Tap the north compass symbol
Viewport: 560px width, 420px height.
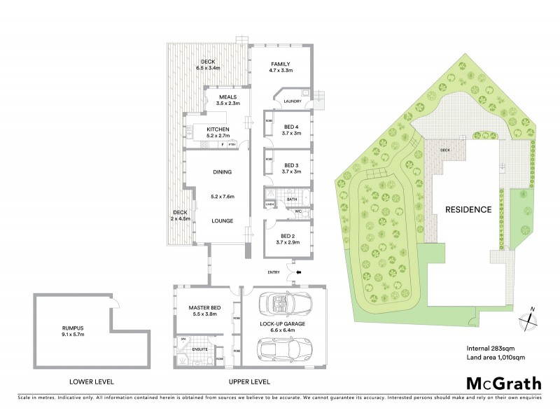pos(530,318)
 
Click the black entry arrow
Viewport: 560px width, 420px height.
pos(299,272)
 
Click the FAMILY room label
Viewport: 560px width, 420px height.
pos(280,64)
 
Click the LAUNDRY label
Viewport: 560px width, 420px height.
pos(292,101)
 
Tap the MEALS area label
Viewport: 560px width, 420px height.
pos(227,97)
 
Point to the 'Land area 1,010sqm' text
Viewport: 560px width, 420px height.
pos(496,358)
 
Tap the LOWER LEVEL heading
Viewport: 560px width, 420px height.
pos(92,381)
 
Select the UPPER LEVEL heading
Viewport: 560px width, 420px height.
pos(249,381)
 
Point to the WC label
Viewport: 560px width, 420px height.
pos(297,211)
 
